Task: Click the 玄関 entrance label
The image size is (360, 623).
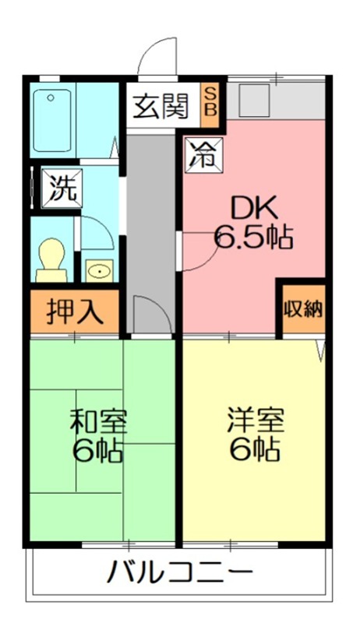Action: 161,105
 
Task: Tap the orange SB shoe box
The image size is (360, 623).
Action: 211,101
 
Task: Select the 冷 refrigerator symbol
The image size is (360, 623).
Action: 202,154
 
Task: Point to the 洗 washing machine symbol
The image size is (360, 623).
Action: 60,187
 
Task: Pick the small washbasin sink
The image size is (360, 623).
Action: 99,270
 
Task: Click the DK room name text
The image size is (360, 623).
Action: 252,208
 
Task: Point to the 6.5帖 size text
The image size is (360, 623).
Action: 252,236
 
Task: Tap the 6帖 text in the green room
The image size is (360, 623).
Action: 98,452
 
